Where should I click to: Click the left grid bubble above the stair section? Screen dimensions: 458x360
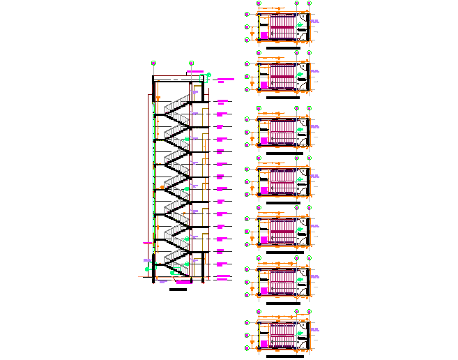point(153,63)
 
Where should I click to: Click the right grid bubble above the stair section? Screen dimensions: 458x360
point(192,63)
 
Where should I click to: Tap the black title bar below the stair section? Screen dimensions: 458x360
point(178,289)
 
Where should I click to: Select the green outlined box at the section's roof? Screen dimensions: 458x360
point(203,79)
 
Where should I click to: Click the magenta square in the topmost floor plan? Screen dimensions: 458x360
point(264,34)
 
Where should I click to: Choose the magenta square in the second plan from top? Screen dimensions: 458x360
point(264,85)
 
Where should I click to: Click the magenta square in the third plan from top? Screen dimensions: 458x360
point(264,141)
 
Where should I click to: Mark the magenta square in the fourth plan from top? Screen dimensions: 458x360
point(264,190)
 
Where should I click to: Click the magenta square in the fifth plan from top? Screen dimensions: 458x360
point(264,240)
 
